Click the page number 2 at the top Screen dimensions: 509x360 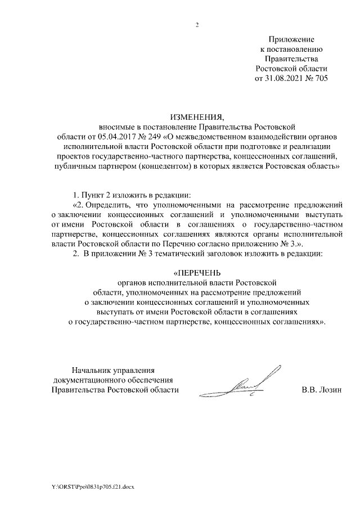coord(197,25)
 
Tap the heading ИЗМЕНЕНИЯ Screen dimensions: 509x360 coord(197,117)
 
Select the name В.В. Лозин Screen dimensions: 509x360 coord(322,390)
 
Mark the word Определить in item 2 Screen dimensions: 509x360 coord(110,205)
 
